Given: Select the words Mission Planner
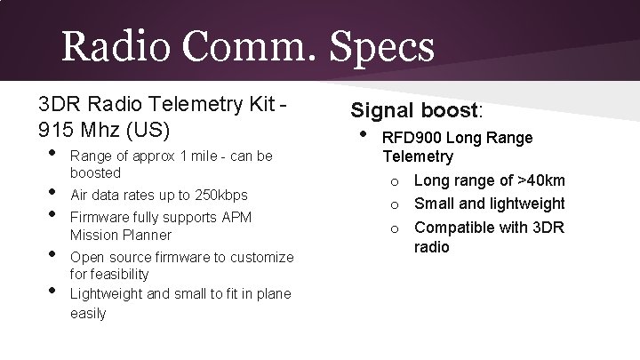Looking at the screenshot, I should pos(120,236).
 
